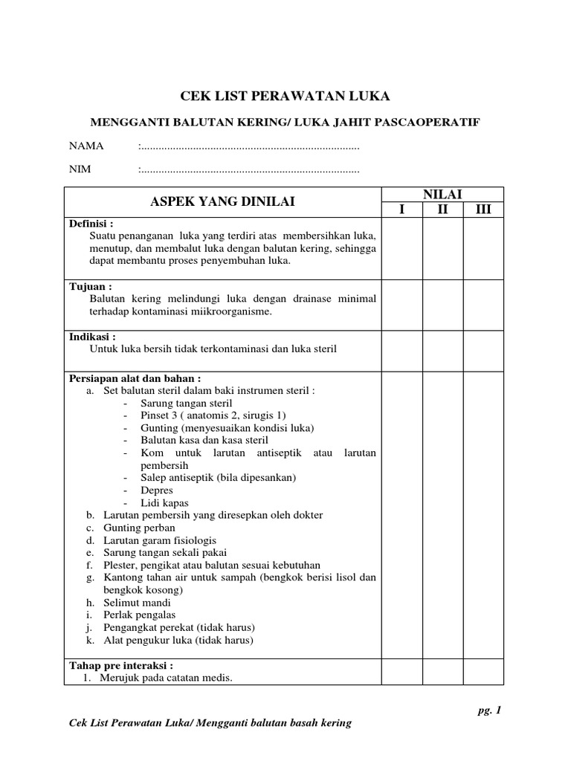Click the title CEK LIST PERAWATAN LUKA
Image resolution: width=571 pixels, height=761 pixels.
(285, 96)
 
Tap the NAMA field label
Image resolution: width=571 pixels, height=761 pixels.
(86, 145)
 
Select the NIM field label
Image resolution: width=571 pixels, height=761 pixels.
(80, 169)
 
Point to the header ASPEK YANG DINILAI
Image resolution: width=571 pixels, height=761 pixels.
(223, 201)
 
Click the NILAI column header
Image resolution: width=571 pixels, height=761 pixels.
(442, 194)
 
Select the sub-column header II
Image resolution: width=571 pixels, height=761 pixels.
(443, 210)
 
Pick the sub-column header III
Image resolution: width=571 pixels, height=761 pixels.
(483, 210)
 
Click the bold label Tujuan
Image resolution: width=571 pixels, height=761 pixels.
(90, 286)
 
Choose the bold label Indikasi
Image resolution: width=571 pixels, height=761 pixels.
(92, 336)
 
